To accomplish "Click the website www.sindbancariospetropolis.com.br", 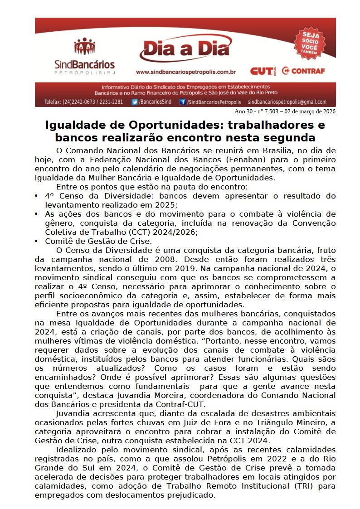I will (185, 72).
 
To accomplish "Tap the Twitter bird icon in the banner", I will (135, 102).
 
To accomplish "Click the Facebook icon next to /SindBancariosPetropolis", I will (183, 102).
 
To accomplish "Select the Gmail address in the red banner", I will (287, 102).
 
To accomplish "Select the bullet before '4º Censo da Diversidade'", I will (36, 196).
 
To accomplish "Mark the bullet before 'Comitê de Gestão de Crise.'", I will (36, 241).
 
